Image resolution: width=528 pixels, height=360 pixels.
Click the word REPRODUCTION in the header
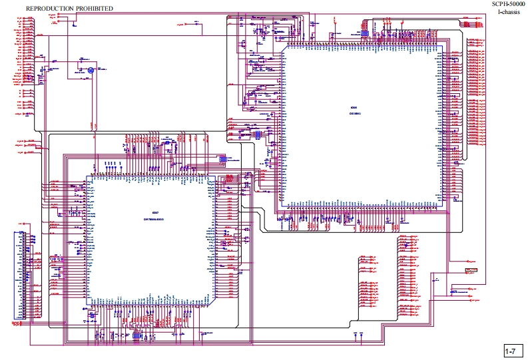[x=49, y=8]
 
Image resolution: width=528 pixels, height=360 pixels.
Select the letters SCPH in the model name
[x=499, y=4]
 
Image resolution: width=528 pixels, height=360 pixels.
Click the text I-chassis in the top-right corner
[x=509, y=13]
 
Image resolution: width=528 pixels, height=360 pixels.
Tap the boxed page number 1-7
[x=511, y=351]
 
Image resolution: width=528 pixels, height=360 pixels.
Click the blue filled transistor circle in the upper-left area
[x=91, y=69]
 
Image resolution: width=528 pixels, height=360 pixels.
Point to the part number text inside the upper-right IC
[x=355, y=114]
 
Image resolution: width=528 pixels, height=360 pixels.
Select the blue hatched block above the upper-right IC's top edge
[x=364, y=32]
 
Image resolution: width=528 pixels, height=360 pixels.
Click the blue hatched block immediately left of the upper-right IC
[x=257, y=134]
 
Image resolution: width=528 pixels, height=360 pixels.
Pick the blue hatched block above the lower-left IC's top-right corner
[x=223, y=160]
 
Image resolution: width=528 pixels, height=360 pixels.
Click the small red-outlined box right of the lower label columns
[x=471, y=270]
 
